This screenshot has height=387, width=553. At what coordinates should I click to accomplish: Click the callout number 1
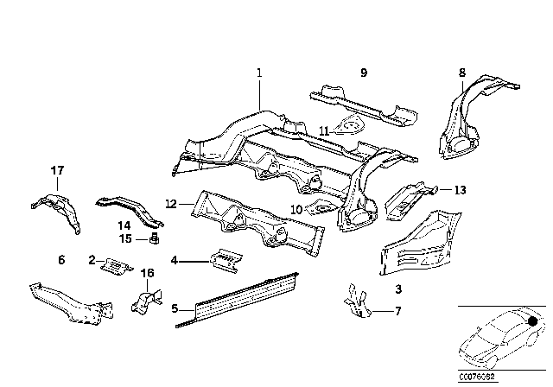(x=257, y=73)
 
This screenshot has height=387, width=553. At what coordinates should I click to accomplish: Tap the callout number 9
(x=364, y=73)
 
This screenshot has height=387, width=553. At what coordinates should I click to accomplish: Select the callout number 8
(x=461, y=73)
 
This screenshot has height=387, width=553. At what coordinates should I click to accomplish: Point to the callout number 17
(x=57, y=170)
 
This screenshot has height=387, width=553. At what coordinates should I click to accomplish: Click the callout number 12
(x=171, y=204)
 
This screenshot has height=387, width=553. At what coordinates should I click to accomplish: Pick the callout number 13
(x=460, y=190)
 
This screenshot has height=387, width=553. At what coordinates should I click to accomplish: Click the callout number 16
(x=147, y=273)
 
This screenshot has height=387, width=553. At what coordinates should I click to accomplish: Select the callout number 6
(x=61, y=259)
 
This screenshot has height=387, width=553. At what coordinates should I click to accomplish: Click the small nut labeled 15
(x=153, y=238)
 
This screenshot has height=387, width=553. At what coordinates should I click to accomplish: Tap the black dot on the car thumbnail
(x=531, y=321)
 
